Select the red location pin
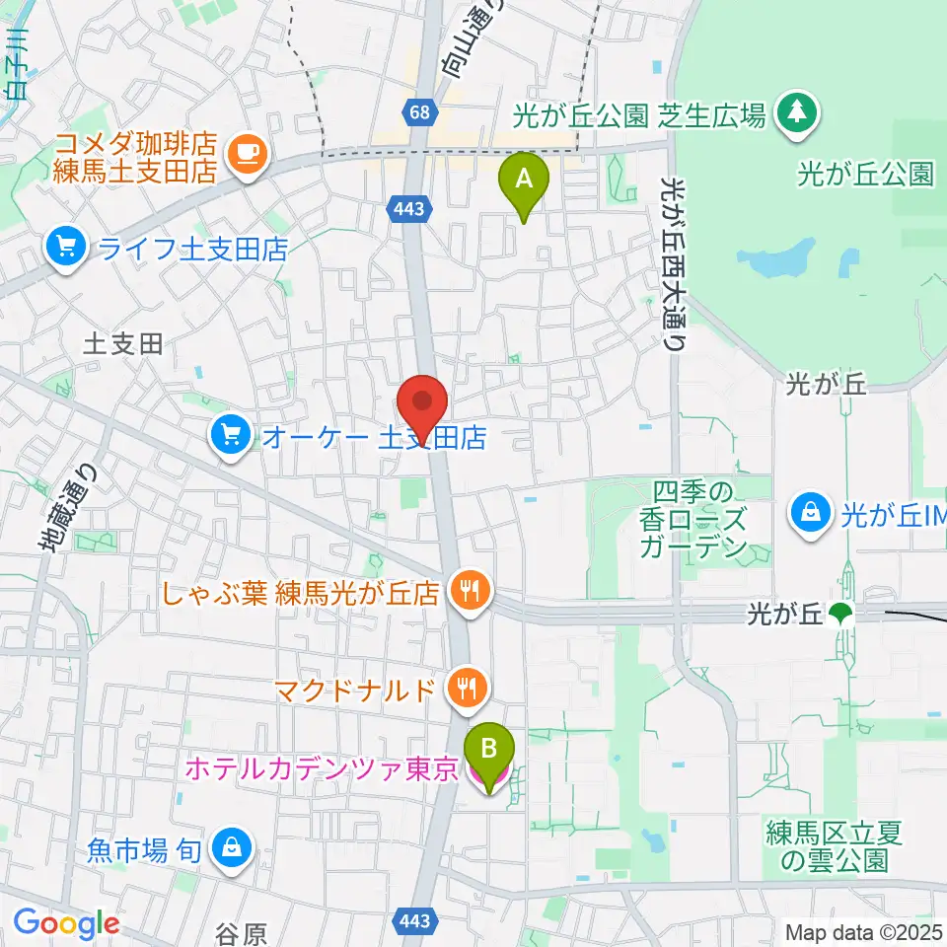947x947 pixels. pos(423,404)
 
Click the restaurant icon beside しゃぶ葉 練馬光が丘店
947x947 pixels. pos(469,592)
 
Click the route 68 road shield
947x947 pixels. pos(421,110)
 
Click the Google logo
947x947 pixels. pos(65,923)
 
